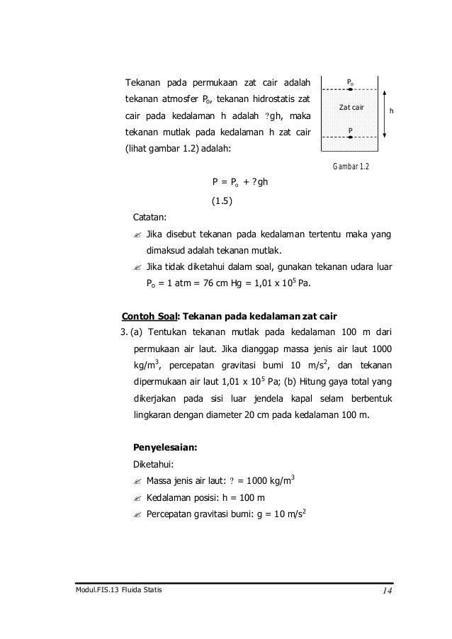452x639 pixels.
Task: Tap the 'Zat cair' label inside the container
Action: coord(351,108)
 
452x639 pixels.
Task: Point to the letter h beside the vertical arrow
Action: coord(392,112)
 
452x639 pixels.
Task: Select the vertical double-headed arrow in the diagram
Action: coord(383,113)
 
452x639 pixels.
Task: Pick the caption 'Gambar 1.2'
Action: coord(349,166)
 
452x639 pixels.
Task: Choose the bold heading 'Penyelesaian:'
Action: coord(165,447)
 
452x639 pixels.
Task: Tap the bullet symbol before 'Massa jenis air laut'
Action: coord(137,483)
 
